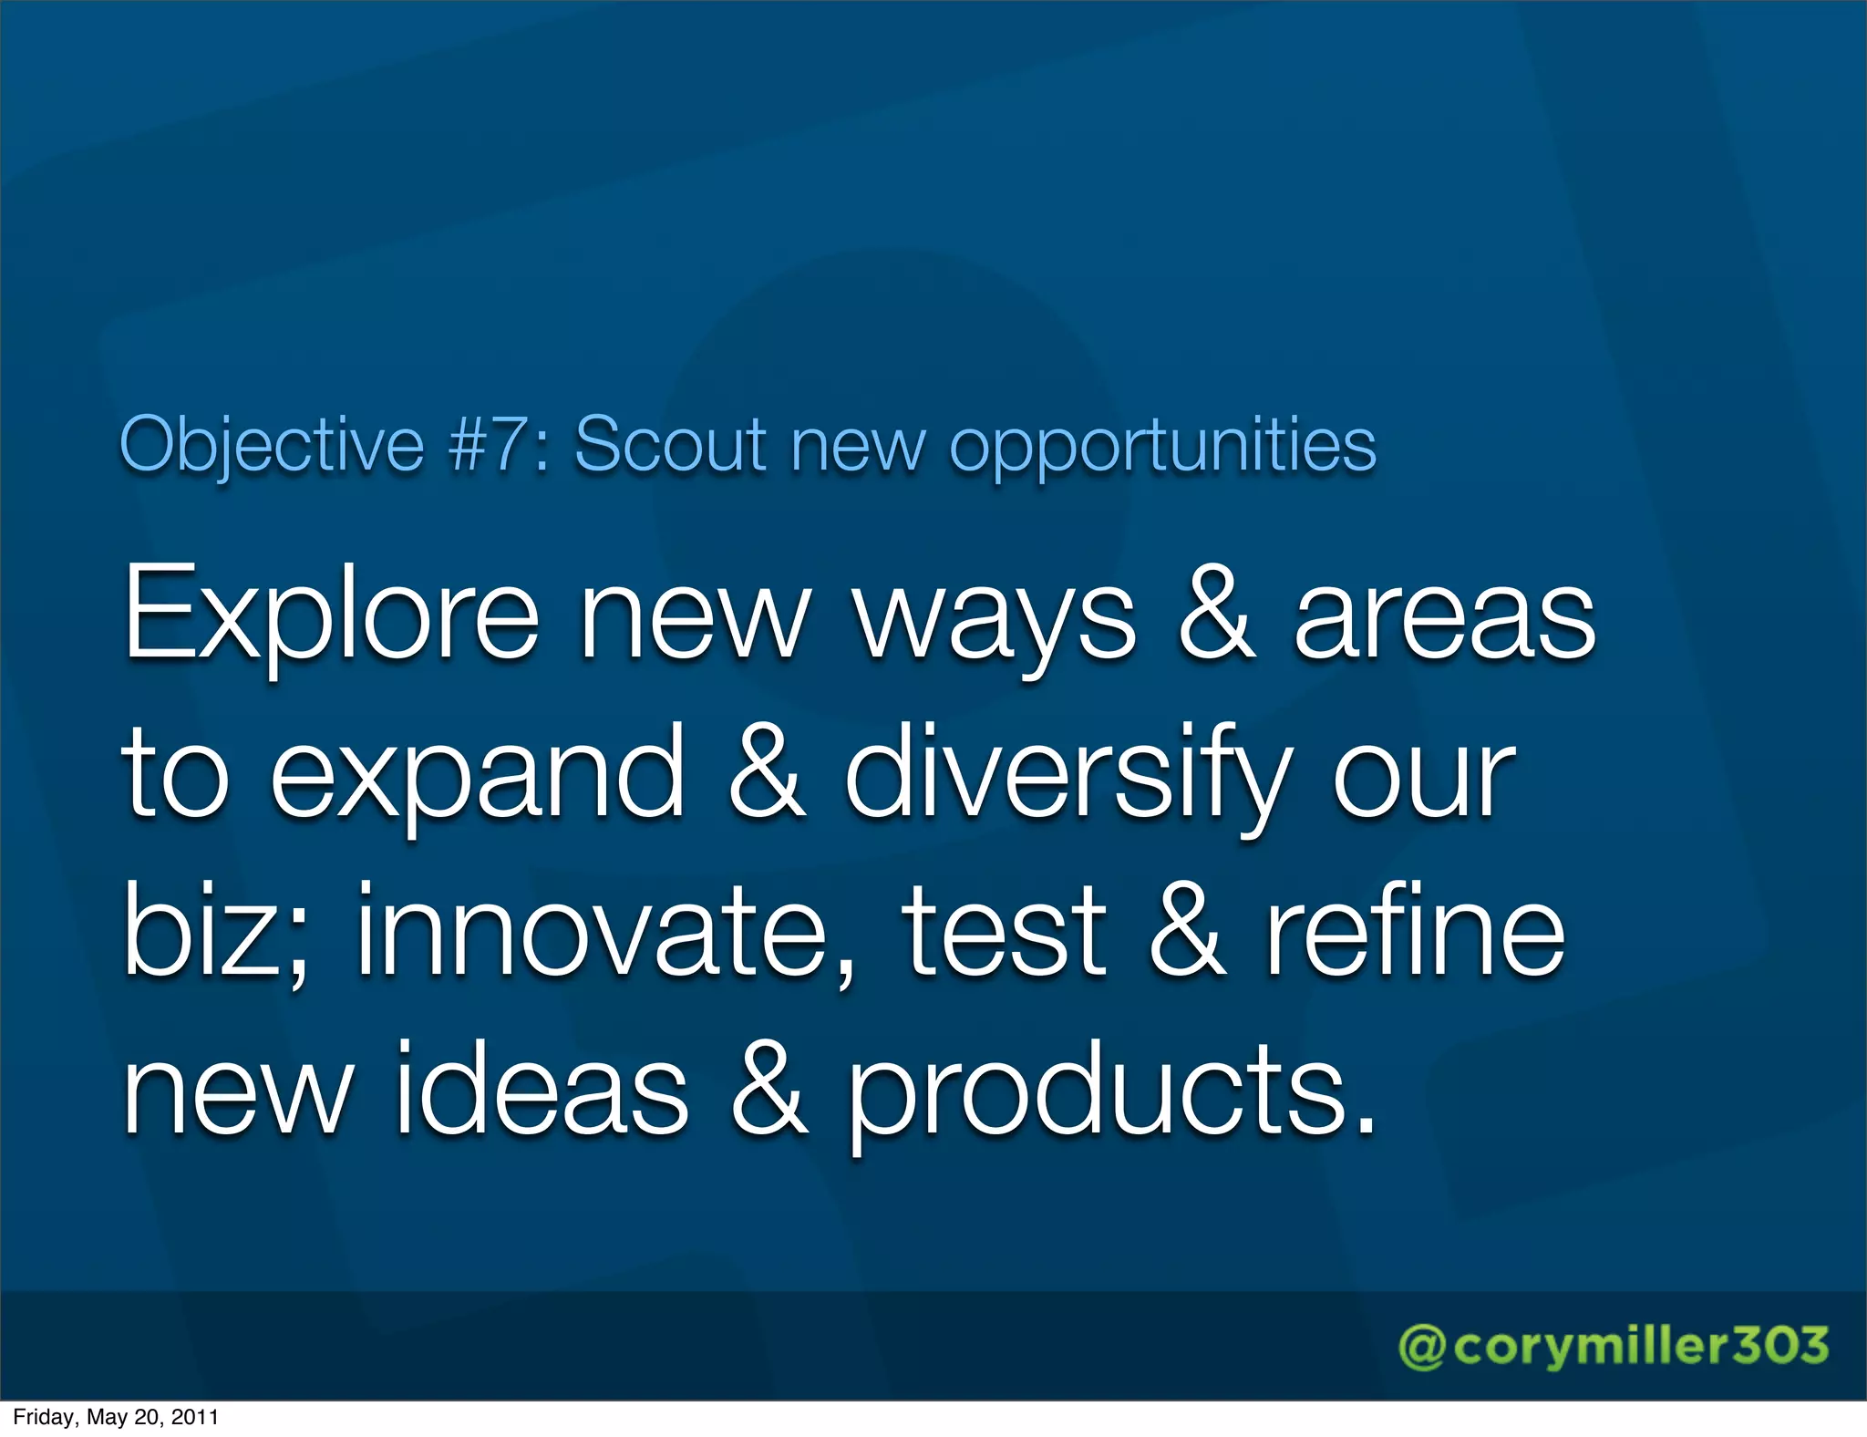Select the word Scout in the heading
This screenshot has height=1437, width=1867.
pyautogui.click(x=670, y=444)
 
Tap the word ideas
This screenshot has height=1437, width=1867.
pyautogui.click(x=542, y=1090)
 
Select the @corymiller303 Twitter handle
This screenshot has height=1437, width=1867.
pyautogui.click(x=1613, y=1346)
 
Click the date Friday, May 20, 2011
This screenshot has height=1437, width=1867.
pyautogui.click(x=116, y=1417)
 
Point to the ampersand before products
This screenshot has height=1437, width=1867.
pyautogui.click(x=768, y=1090)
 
